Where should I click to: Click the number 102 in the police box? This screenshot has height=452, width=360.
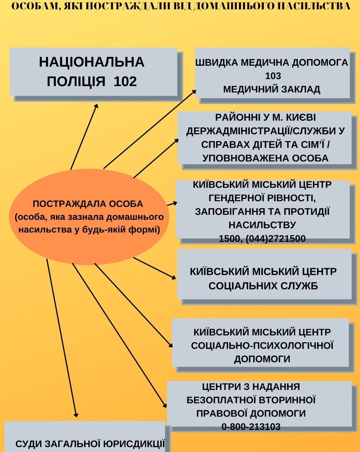click(125, 81)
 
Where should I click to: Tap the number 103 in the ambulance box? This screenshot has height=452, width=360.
click(273, 76)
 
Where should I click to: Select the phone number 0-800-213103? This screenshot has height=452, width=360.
click(251, 427)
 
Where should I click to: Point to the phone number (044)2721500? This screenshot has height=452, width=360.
click(275, 239)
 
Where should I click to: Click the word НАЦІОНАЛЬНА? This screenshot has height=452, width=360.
click(92, 62)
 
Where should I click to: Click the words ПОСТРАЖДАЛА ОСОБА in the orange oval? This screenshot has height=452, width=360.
click(88, 204)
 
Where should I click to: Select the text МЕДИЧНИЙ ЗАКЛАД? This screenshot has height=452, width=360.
click(272, 89)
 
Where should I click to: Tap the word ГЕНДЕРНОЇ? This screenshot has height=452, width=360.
click(239, 198)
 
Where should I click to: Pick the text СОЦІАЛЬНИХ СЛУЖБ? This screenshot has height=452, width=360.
click(263, 286)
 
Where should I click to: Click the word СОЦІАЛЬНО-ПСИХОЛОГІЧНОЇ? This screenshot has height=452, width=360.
click(262, 346)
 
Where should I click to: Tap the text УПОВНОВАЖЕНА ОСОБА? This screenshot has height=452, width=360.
click(265, 158)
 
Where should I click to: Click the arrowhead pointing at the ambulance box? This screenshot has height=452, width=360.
click(194, 92)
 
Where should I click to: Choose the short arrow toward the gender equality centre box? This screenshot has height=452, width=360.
click(172, 204)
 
